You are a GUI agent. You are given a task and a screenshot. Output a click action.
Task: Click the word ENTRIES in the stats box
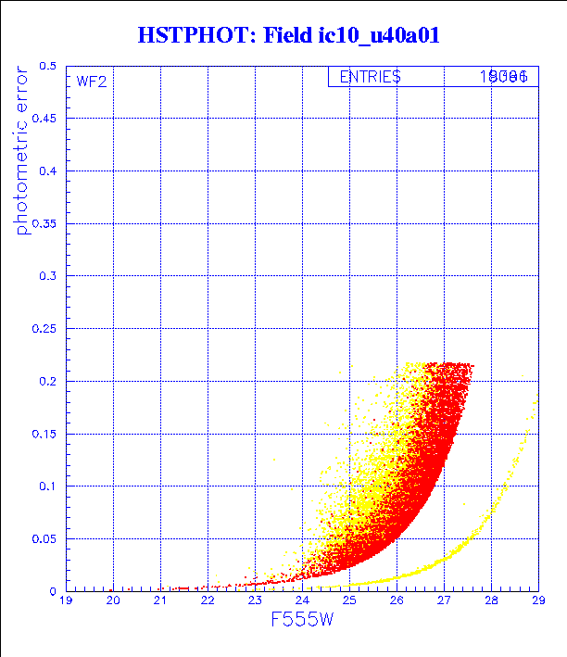coord(370,77)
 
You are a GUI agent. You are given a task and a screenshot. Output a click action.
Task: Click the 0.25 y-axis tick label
coord(44,329)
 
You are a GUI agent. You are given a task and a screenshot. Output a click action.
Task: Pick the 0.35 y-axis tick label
coord(44,224)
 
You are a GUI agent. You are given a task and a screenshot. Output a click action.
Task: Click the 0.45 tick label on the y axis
coord(44,120)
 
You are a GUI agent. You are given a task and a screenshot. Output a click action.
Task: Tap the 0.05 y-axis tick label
coord(44,538)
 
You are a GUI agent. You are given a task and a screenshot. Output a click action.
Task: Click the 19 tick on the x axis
coord(66,601)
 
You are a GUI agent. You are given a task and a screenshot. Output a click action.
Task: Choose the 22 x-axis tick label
coord(208,601)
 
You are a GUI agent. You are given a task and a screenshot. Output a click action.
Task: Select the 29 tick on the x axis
coord(537,601)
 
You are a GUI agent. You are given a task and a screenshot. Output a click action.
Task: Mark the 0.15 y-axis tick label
coord(44,434)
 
